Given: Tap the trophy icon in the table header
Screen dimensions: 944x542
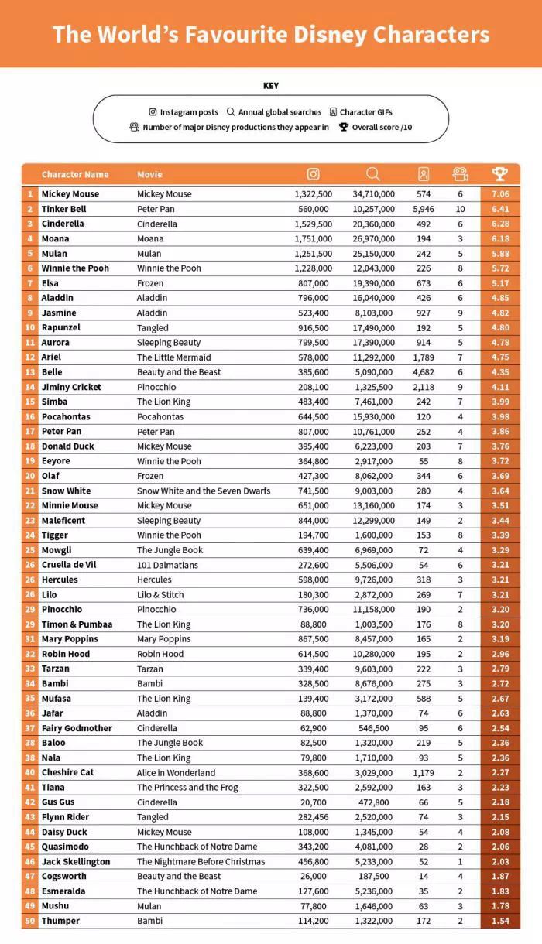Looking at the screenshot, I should pyautogui.click(x=499, y=174).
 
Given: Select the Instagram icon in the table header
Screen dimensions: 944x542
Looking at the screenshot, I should pyautogui.click(x=313, y=174).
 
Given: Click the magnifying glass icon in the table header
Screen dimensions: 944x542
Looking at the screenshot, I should pyautogui.click(x=373, y=174).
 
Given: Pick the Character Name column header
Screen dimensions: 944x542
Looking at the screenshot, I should pyautogui.click(x=75, y=174).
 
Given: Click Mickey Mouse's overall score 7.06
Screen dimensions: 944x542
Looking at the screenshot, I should pyautogui.click(x=499, y=194).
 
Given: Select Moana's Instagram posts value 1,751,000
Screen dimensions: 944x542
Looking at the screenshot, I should pyautogui.click(x=313, y=238).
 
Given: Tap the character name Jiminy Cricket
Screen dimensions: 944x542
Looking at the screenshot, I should pyautogui.click(x=71, y=387).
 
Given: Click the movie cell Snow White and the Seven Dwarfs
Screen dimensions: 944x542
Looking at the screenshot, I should pyautogui.click(x=204, y=491).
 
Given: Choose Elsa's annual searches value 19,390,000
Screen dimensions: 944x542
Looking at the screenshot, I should pyautogui.click(x=373, y=283).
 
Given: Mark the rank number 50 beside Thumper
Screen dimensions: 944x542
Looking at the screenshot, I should pyautogui.click(x=30, y=921).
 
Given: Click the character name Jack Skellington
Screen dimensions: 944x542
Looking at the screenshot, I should pyautogui.click(x=76, y=861).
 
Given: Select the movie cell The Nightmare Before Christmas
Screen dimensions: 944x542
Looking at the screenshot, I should pyautogui.click(x=201, y=861).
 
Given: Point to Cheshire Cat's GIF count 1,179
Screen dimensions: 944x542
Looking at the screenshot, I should pyautogui.click(x=424, y=772).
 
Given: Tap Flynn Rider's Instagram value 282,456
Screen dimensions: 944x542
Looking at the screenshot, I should pyautogui.click(x=313, y=817).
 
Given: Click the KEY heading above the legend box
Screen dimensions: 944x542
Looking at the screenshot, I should pyautogui.click(x=271, y=86).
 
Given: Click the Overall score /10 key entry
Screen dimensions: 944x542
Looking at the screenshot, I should pyautogui.click(x=376, y=127).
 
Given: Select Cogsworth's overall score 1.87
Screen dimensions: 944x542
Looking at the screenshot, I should pyautogui.click(x=499, y=876).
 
